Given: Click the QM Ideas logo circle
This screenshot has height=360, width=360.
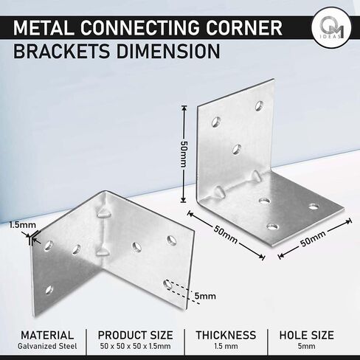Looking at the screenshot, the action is [331, 27].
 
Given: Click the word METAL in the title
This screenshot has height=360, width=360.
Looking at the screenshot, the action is [44, 28].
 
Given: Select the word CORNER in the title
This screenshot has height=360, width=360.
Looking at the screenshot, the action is [244, 28].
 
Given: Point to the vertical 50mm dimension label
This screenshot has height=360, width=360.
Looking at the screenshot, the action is [184, 154].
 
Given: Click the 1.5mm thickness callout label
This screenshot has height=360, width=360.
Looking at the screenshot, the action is [23, 225].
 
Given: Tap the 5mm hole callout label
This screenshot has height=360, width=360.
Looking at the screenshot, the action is [205, 296].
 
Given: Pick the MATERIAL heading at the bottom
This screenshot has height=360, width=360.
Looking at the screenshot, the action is [47, 335].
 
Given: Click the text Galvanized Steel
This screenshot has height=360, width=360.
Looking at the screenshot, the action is [47, 346].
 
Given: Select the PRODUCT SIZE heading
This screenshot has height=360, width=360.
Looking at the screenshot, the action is [136, 335].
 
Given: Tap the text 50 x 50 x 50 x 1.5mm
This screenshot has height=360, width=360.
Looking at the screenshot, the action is [136, 346].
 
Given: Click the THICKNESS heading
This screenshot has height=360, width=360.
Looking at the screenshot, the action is [226, 335].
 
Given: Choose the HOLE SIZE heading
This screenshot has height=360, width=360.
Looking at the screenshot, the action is [307, 335].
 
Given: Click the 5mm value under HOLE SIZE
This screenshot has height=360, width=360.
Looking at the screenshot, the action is [307, 346].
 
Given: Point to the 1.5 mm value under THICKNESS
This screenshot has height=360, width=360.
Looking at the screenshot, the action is [226, 346].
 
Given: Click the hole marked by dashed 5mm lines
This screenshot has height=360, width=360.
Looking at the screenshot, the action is [167, 285].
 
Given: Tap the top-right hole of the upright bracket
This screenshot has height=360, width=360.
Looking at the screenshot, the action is [259, 105].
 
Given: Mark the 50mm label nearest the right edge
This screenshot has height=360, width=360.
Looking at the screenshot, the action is [313, 238].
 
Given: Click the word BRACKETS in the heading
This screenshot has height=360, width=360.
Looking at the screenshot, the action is [61, 51].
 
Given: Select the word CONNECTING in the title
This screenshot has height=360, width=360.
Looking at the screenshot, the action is [140, 28].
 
